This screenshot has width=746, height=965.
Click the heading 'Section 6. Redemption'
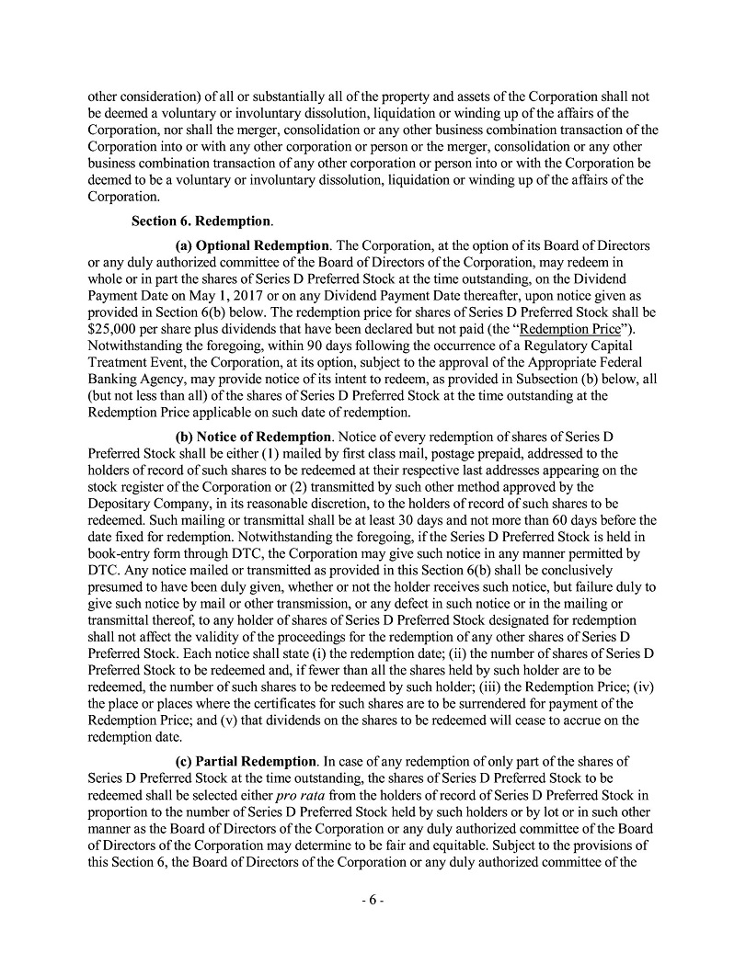[201, 221]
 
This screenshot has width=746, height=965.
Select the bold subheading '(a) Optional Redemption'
[252, 246]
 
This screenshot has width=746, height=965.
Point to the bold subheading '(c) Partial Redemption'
[246, 762]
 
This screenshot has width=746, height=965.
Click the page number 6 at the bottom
[373, 902]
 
